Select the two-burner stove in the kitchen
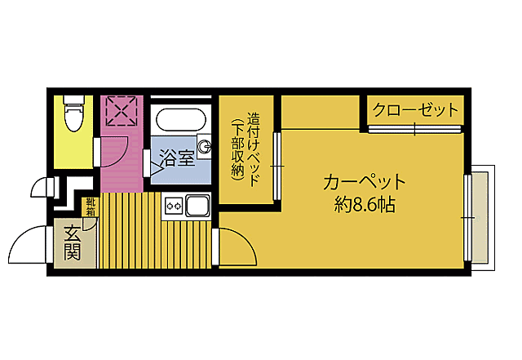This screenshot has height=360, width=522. coord(173,207)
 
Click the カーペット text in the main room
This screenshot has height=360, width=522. coord(364,181)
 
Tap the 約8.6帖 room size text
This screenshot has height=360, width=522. coord(364,205)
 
